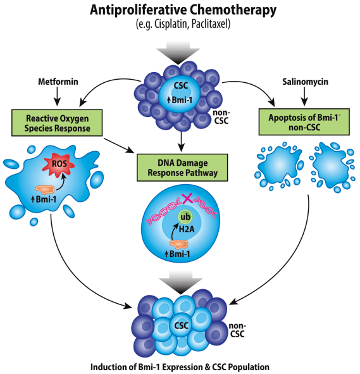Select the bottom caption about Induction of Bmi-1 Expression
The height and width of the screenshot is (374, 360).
click(x=179, y=366)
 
